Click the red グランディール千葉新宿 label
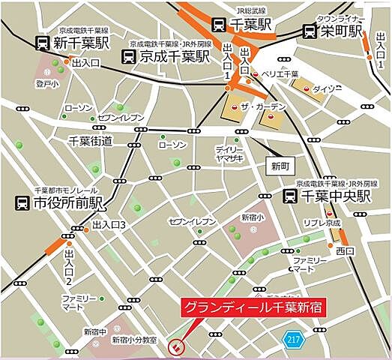coord(248,307)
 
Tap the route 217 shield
coord(293,340)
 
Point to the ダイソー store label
coord(328,88)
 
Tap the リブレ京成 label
coord(323,223)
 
